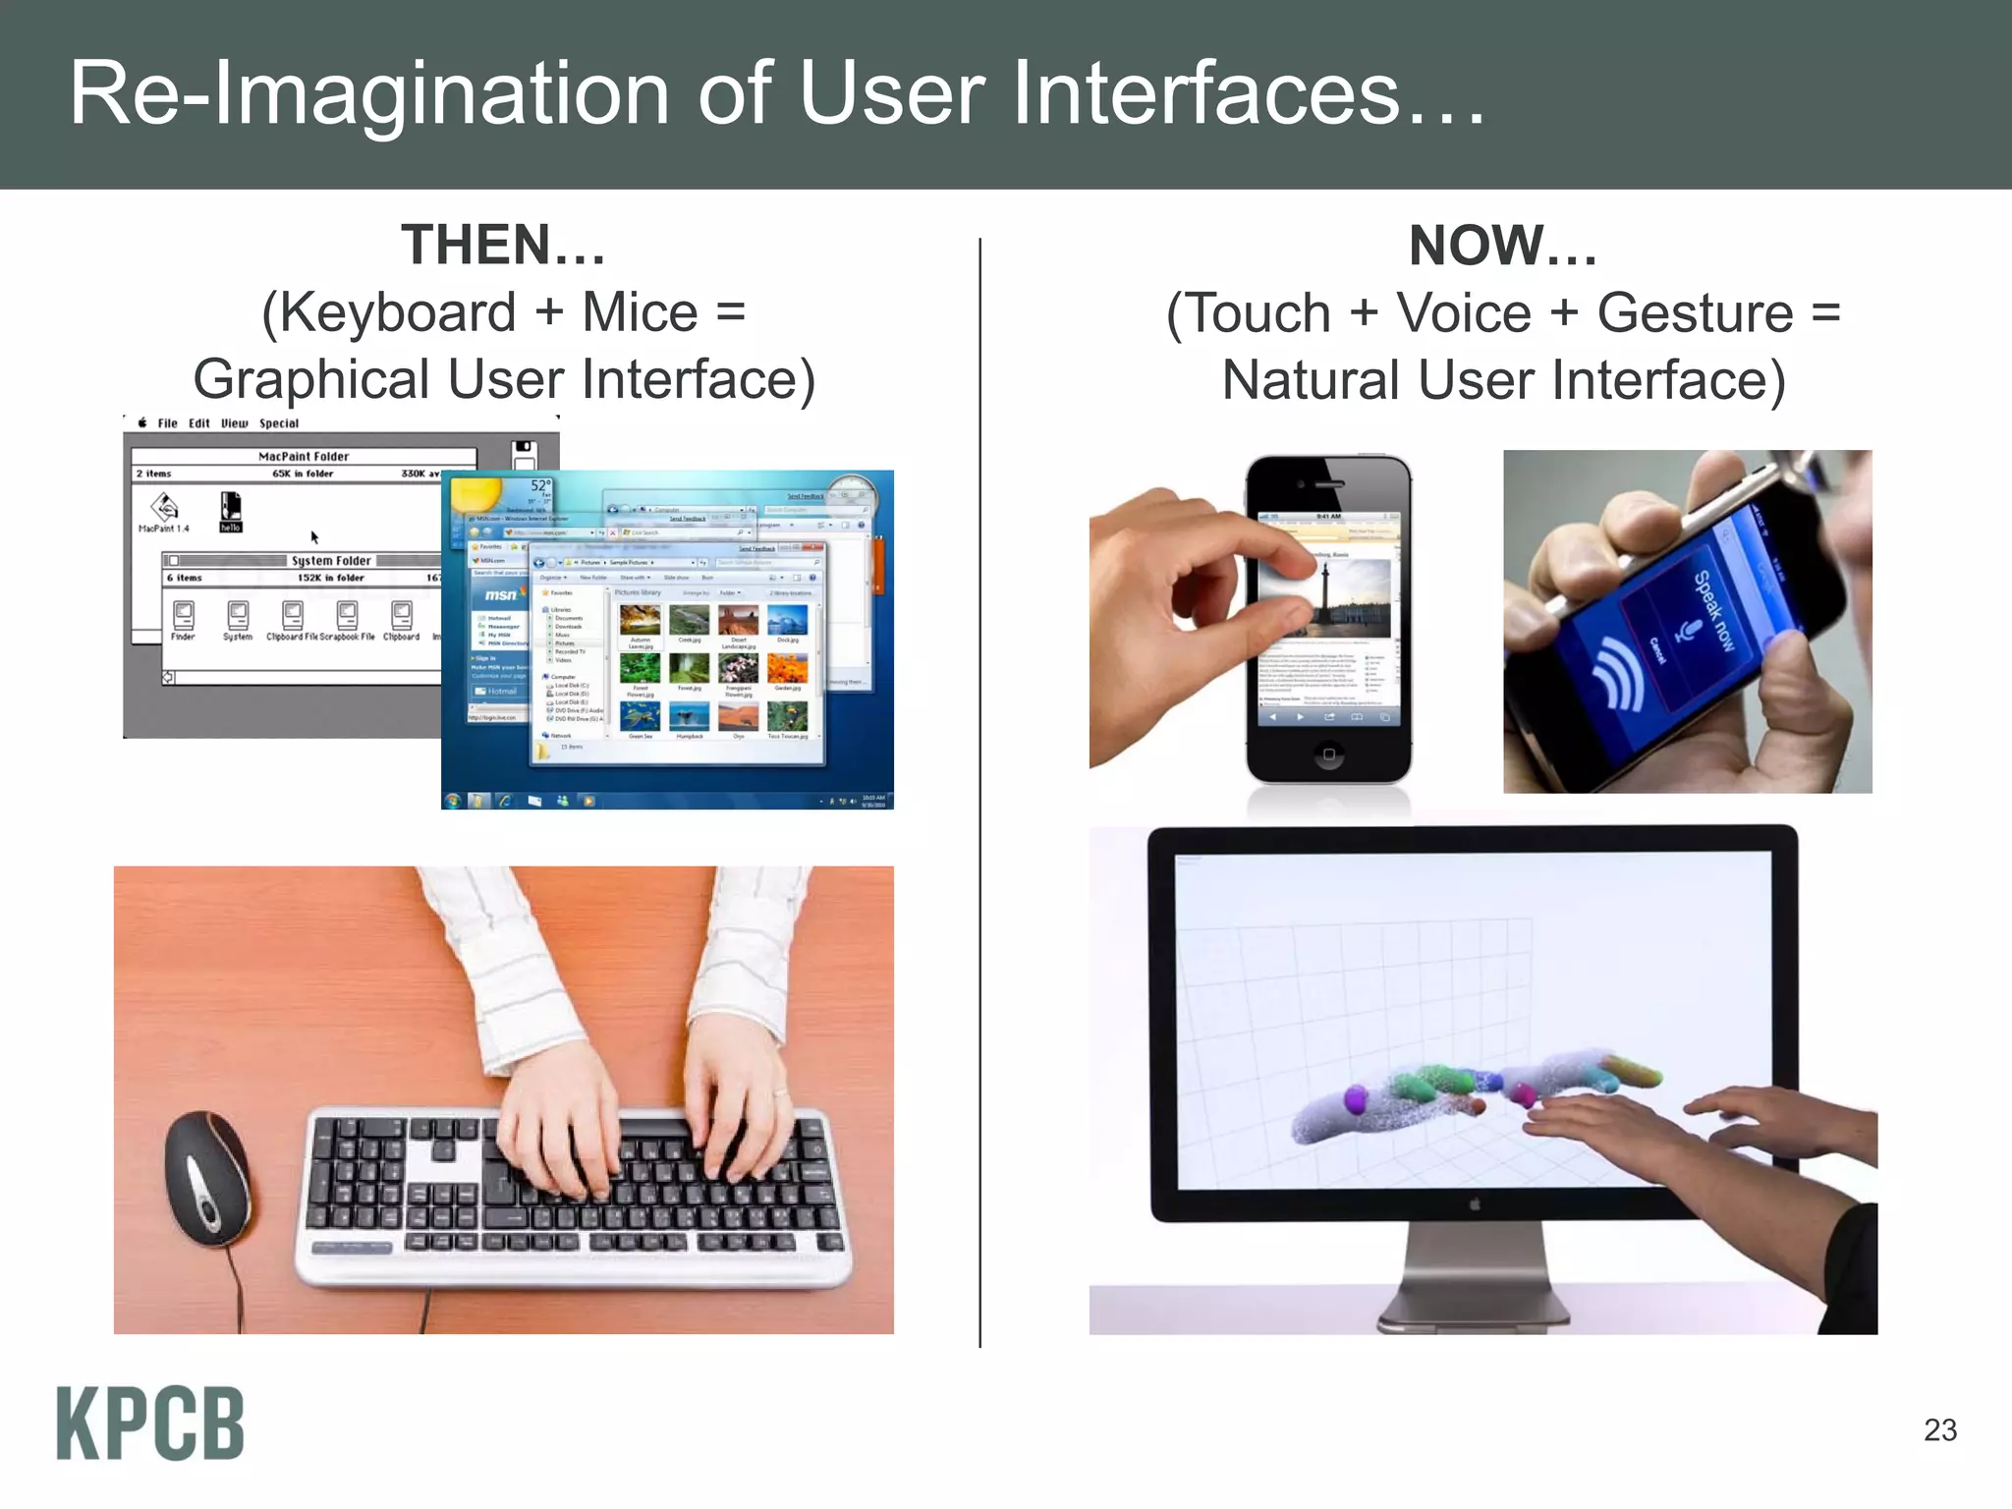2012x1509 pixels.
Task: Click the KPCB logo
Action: coord(149,1424)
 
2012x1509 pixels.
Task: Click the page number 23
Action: coord(1939,1430)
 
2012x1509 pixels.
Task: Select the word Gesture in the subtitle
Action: coord(1695,313)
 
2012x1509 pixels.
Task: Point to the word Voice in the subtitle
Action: coord(1464,313)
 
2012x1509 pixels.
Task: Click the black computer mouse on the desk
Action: coord(207,1177)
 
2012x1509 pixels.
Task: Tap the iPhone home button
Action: coord(1328,754)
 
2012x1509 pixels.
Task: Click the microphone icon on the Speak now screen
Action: coord(1687,630)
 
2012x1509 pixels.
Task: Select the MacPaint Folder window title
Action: coord(304,457)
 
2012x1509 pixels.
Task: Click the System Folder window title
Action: coord(331,561)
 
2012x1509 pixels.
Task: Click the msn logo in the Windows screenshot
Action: coord(500,595)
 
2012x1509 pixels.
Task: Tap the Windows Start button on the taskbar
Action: coord(453,801)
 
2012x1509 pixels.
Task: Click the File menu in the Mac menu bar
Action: coord(168,423)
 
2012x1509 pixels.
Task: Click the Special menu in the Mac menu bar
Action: coord(279,423)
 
